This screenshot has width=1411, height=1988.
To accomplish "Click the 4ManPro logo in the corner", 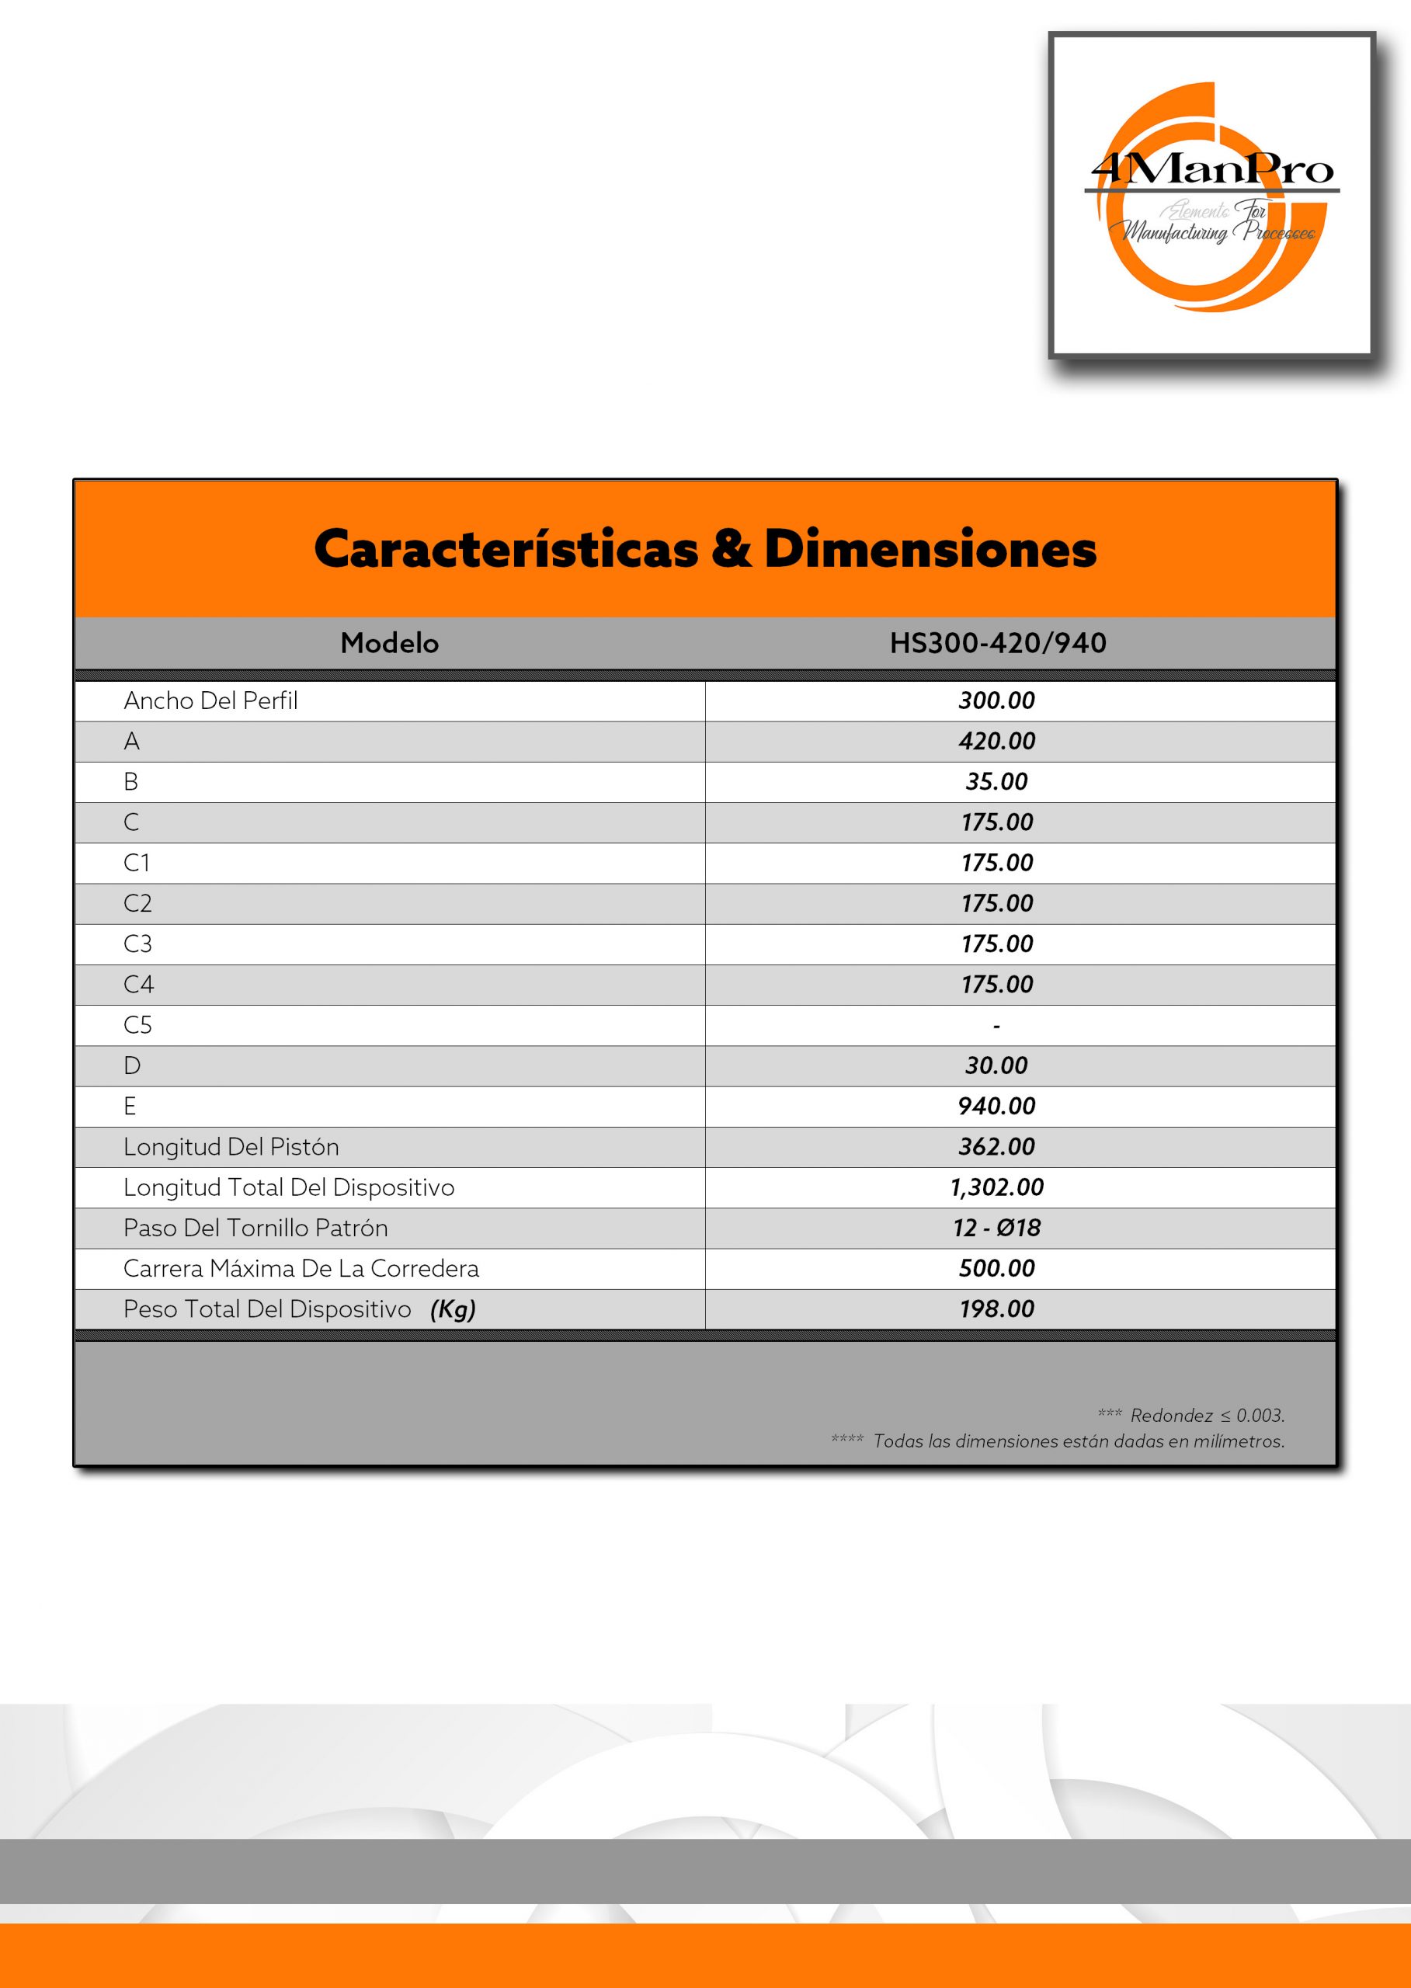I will tap(1211, 196).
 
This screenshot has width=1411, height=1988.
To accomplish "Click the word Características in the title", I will tap(506, 549).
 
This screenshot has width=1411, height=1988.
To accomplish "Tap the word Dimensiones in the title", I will tap(930, 549).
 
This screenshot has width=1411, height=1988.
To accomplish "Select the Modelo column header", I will tap(389, 643).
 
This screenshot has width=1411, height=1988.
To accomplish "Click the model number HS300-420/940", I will tap(997, 643).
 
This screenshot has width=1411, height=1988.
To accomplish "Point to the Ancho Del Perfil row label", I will tap(210, 700).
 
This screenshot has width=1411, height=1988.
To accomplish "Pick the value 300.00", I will tap(996, 700).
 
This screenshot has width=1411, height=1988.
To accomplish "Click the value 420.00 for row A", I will tap(996, 741).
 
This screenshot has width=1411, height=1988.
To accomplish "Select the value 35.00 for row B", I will tap(996, 781).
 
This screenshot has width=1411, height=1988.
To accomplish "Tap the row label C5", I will tap(137, 1025).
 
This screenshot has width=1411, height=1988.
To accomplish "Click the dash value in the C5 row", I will tap(996, 1026).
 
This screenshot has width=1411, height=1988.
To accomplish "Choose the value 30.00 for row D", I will tap(996, 1065).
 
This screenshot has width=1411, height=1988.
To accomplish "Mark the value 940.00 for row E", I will tap(996, 1106).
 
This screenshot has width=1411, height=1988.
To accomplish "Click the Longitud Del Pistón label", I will tap(231, 1147).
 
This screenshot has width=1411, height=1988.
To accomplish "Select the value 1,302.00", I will tap(996, 1187).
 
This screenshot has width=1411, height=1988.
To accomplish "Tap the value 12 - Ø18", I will tap(996, 1228).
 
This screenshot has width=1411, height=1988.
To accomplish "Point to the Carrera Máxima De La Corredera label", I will tap(301, 1269).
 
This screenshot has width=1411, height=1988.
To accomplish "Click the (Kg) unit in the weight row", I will tap(453, 1309).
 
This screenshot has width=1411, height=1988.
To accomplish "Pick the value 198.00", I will tap(996, 1309).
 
